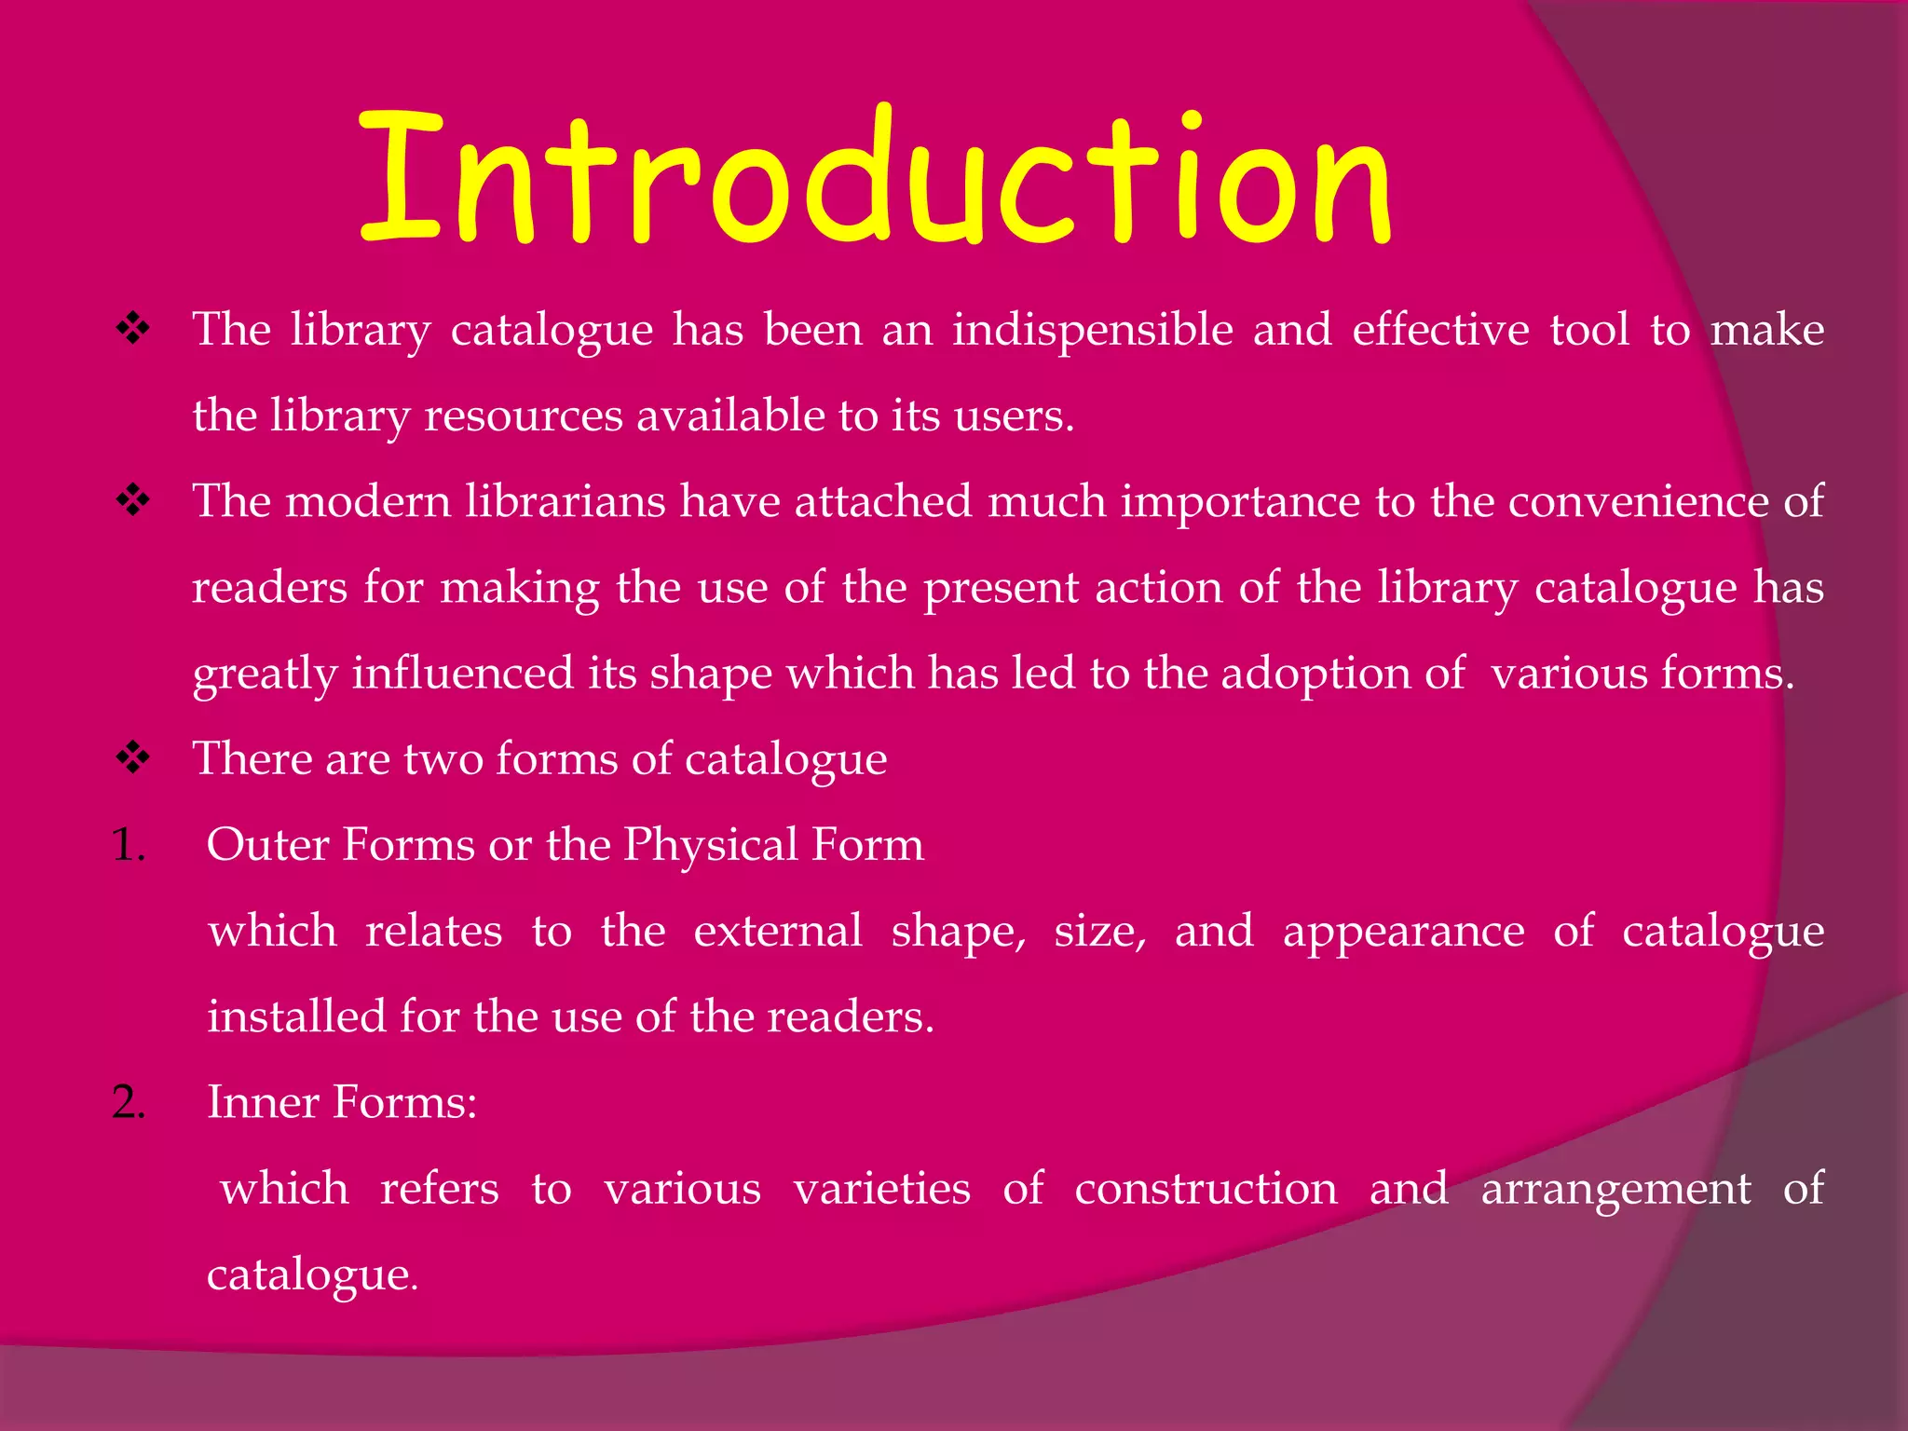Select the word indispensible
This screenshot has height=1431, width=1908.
pyautogui.click(x=1092, y=330)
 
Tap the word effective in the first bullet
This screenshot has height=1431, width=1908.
pyautogui.click(x=1440, y=330)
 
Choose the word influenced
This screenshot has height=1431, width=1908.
pyautogui.click(x=462, y=673)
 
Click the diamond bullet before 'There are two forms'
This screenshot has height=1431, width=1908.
pyautogui.click(x=133, y=757)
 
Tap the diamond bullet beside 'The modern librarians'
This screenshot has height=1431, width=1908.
pyautogui.click(x=133, y=500)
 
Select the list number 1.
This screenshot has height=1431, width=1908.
pyautogui.click(x=128, y=845)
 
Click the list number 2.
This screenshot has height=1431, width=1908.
pyautogui.click(x=129, y=1103)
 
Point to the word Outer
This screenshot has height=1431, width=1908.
pyautogui.click(x=268, y=845)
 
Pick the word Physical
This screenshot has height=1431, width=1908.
pyautogui.click(x=711, y=845)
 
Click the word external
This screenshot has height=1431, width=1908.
pyautogui.click(x=778, y=931)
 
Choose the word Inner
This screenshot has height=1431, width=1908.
pyautogui.click(x=263, y=1102)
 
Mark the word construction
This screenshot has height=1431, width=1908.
pyautogui.click(x=1206, y=1189)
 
